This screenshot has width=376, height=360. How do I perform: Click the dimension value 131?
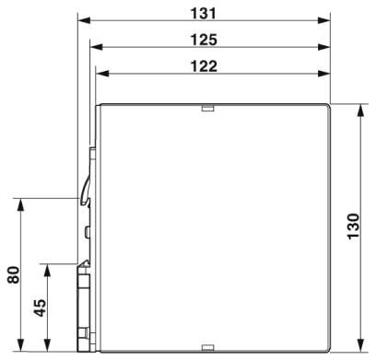click(204, 13)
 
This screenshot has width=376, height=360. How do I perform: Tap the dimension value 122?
click(204, 65)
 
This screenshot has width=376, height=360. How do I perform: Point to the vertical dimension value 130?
click(354, 227)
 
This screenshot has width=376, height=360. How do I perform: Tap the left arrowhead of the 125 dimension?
click(94, 46)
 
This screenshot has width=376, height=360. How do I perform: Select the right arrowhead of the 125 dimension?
click(324, 46)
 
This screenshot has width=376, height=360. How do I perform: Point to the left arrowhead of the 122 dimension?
click(100, 73)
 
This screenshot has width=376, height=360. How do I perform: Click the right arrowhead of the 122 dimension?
click(324, 73)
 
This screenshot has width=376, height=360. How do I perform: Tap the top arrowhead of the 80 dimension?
click(20, 202)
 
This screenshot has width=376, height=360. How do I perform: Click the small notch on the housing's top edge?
click(207, 107)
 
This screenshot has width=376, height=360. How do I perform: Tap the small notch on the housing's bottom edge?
click(207, 349)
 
